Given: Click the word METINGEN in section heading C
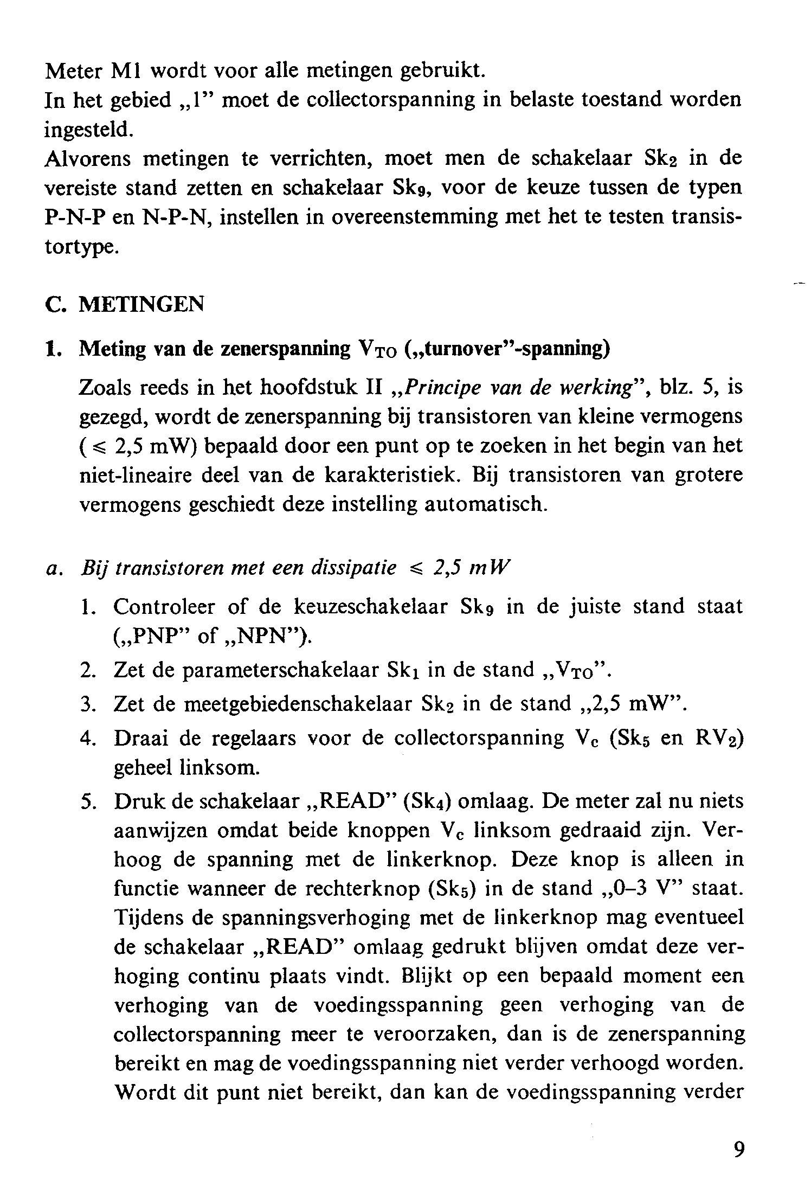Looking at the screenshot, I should tap(141, 304).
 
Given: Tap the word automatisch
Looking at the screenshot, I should tap(483, 505).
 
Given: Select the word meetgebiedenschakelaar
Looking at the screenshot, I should tap(299, 704).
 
